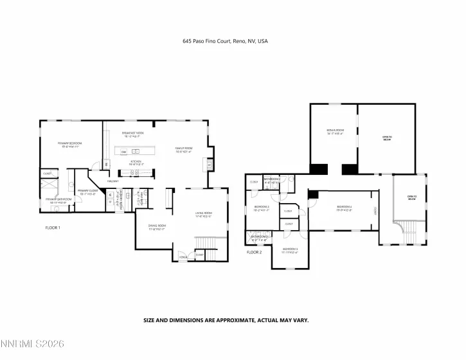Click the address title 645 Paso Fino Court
click(225, 41)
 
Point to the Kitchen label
click(136, 162)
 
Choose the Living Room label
click(203, 214)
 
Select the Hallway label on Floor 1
click(113, 181)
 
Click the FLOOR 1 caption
click(53, 228)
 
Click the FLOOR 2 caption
click(255, 252)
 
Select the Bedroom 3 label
click(290, 249)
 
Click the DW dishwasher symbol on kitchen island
click(123, 152)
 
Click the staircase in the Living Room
click(204, 242)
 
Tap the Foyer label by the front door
click(183, 256)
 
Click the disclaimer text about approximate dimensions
click(235, 319)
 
